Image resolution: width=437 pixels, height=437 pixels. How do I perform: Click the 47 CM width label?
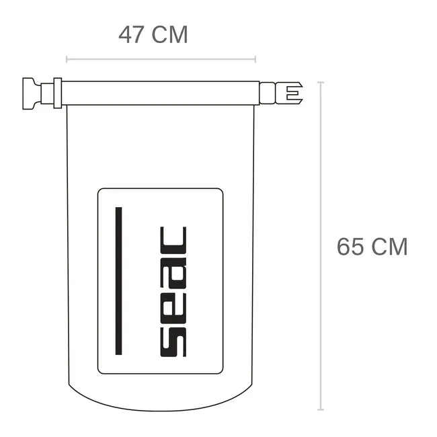(153, 34)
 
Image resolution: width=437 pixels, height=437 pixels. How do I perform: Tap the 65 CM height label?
(372, 247)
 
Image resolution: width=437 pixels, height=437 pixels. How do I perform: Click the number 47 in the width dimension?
(132, 34)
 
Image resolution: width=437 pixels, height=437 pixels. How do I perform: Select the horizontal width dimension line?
(161, 59)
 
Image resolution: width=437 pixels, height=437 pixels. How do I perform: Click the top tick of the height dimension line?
(321, 82)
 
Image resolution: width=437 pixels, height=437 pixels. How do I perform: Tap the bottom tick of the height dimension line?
(321, 409)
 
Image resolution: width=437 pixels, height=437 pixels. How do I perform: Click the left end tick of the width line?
(67, 59)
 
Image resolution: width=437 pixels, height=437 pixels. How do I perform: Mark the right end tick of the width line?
(255, 59)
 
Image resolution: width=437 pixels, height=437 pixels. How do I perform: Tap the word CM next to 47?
(170, 34)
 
